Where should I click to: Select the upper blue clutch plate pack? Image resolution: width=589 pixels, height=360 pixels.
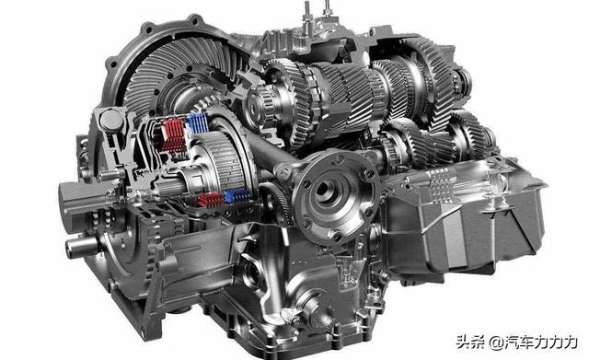click(198, 122)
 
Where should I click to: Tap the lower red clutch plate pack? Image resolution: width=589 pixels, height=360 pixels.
click(211, 200)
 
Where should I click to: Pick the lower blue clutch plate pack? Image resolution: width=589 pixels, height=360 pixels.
click(237, 196)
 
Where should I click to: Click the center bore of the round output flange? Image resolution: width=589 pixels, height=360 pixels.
click(325, 189)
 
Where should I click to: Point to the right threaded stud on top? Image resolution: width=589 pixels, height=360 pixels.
click(327, 9)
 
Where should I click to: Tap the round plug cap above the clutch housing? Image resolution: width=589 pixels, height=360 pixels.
click(111, 121)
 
